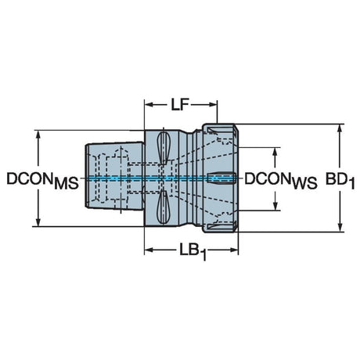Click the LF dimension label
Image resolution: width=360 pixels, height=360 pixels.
click(180, 105)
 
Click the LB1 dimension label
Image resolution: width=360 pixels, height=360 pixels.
click(193, 252)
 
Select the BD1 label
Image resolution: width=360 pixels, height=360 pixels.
click(340, 180)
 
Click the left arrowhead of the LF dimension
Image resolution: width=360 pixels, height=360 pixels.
click(149, 105)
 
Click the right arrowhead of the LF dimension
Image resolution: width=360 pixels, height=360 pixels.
click(213, 105)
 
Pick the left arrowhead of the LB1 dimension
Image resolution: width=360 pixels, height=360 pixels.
click(149, 250)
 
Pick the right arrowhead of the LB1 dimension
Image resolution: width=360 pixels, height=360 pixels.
click(234, 250)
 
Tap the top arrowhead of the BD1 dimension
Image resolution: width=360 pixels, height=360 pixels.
click(340, 129)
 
